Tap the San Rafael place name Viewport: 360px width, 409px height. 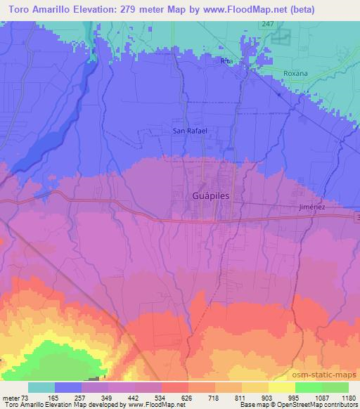point(191,130)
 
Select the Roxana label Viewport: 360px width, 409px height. point(296,72)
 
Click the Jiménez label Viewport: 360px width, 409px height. point(310,207)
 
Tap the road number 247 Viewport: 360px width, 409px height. point(267,23)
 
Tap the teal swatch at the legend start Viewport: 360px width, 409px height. point(41,387)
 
